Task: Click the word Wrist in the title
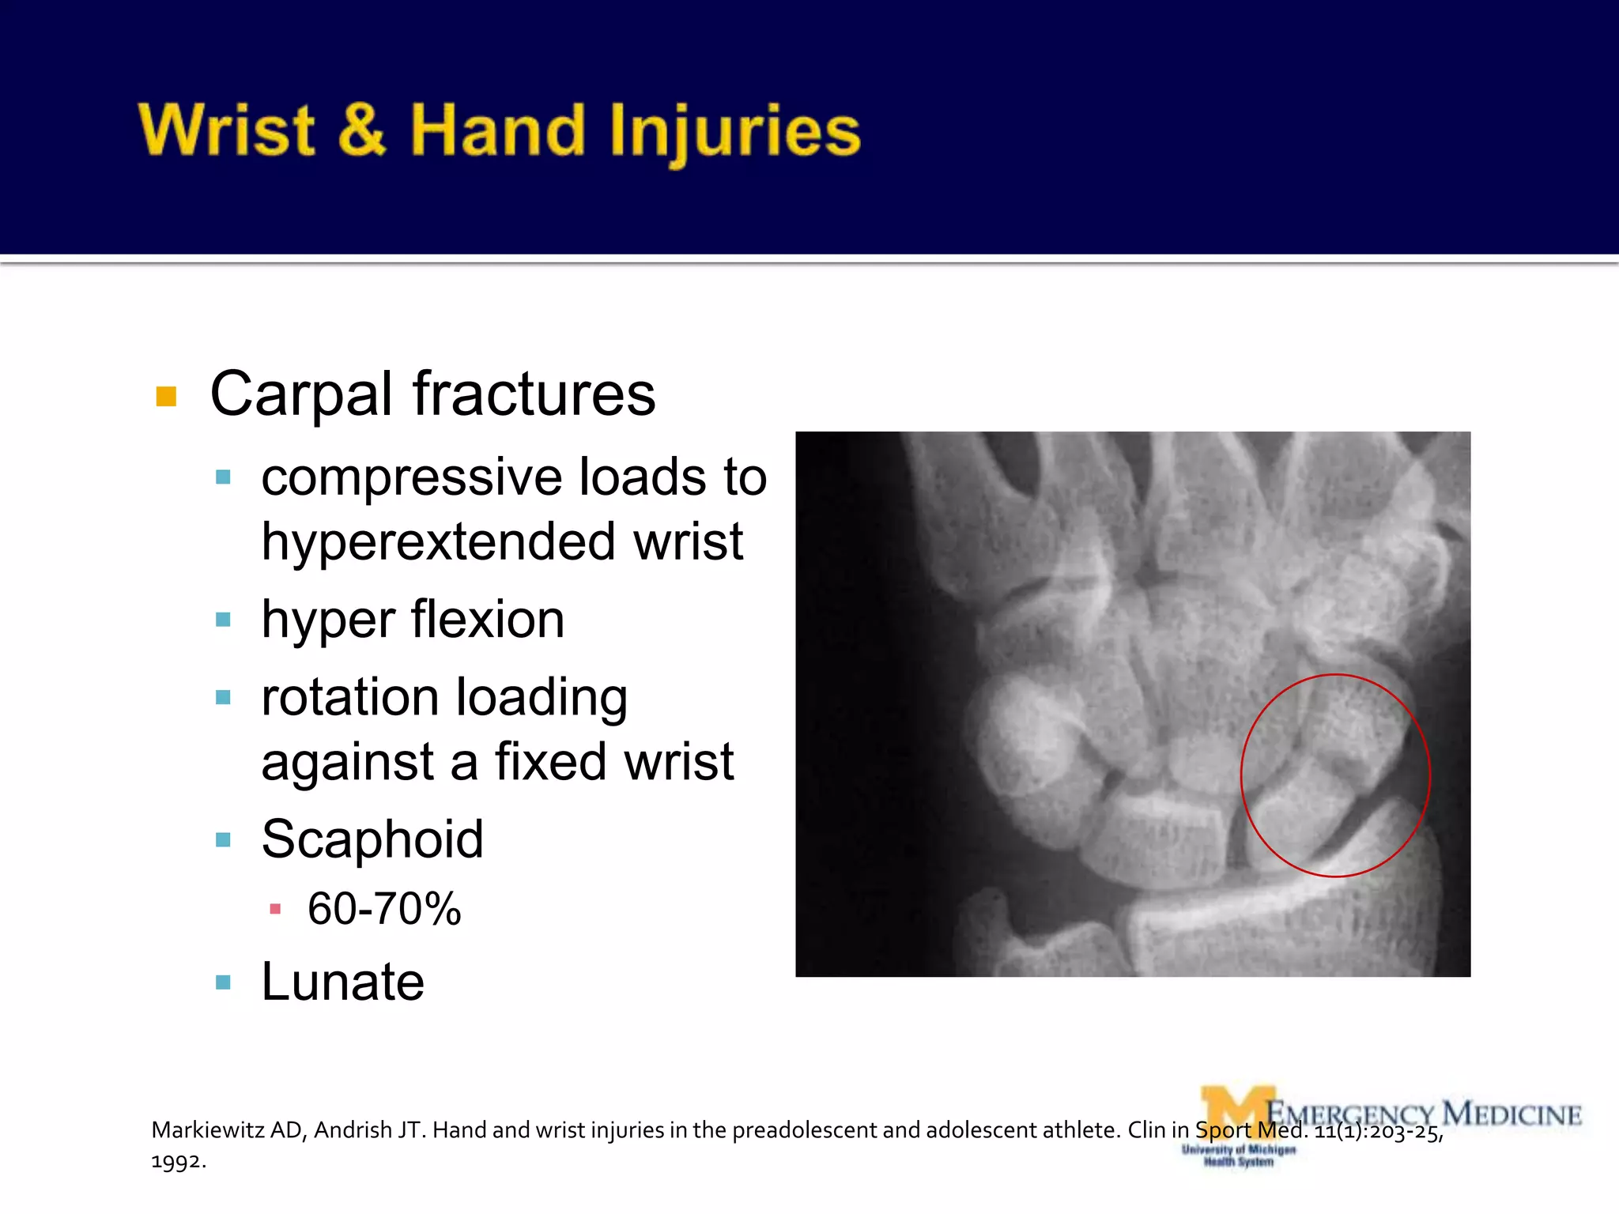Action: coord(228,130)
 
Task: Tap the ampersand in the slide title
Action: coord(362,130)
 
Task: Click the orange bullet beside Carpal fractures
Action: coord(166,396)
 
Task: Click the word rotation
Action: coord(350,697)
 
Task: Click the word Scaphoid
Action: coord(372,839)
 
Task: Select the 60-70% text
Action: coord(384,909)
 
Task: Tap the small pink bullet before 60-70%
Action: coord(275,910)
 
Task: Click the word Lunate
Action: coord(343,982)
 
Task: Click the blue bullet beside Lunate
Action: coord(223,982)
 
